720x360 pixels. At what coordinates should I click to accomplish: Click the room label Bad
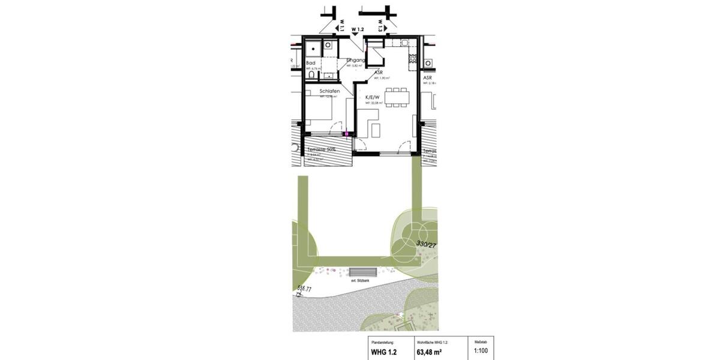coord(311,62)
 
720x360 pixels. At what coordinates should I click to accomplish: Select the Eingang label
coord(356,60)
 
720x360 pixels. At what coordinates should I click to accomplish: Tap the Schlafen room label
coord(329,91)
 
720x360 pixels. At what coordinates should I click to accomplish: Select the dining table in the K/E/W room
coord(397,95)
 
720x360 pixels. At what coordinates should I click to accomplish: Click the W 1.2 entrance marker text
coord(358,29)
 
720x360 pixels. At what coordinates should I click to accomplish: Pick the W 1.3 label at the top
coord(381,25)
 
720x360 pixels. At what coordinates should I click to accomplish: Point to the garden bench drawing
coord(364,272)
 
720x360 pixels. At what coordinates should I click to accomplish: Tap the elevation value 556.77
coord(305,289)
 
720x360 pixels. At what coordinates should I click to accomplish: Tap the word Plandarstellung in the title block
coord(381,341)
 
